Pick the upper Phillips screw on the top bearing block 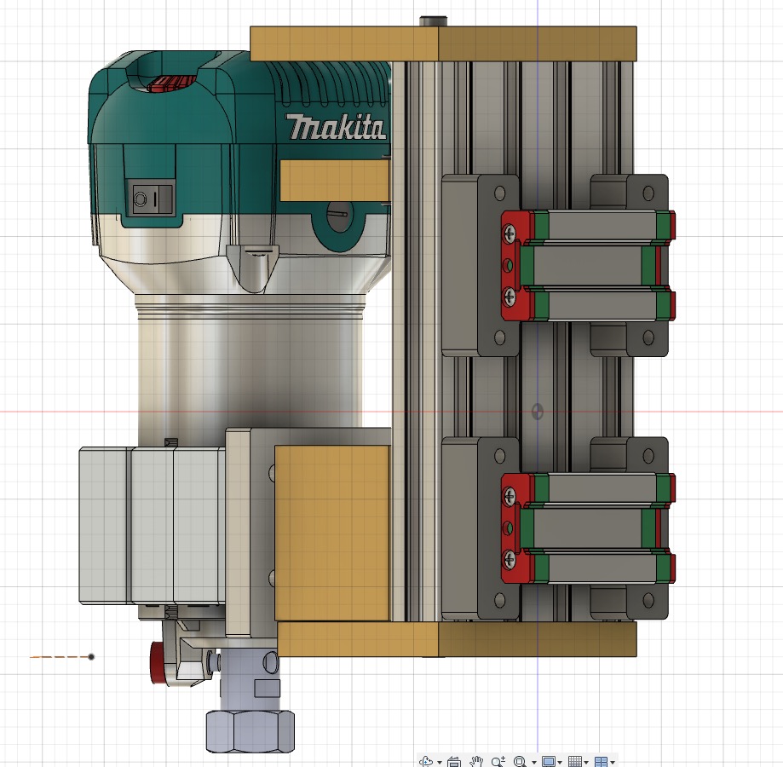(x=510, y=230)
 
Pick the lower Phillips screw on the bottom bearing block (x=510, y=558)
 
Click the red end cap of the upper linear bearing (x=512, y=264)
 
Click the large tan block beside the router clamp (x=332, y=533)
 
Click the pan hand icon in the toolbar (x=478, y=761)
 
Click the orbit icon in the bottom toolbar (x=427, y=761)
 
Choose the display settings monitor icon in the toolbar (x=549, y=761)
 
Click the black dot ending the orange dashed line (x=91, y=657)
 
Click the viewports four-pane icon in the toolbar (x=602, y=761)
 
